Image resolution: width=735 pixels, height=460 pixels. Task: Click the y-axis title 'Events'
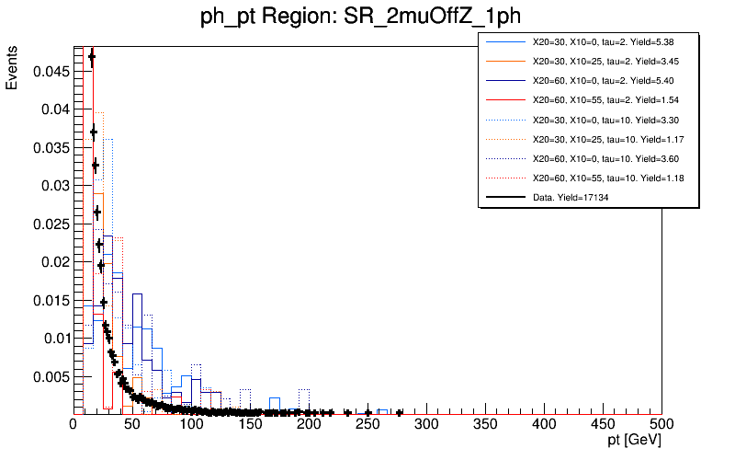click(12, 70)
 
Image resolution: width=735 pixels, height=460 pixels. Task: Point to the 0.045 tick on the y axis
click(51, 71)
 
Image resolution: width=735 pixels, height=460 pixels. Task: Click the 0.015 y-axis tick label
click(51, 300)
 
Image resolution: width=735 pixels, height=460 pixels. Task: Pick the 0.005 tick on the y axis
click(51, 376)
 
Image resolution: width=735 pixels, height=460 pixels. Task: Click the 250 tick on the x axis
click(367, 425)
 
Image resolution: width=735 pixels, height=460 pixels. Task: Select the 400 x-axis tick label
click(544, 425)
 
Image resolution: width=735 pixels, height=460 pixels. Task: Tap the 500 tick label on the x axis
click(661, 425)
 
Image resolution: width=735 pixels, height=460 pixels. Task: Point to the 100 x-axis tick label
click(191, 425)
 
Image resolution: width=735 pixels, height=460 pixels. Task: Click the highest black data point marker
click(91, 58)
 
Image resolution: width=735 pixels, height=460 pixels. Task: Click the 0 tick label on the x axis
click(74, 425)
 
